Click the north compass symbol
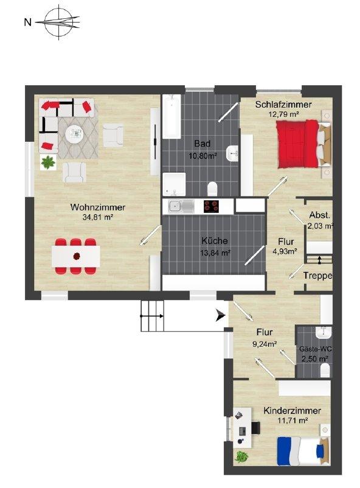pyautogui.click(x=58, y=22)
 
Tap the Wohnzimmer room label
pyautogui.click(x=98, y=207)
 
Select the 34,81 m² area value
pyautogui.click(x=98, y=217)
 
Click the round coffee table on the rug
pyautogui.click(x=75, y=134)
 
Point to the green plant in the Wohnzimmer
pyautogui.click(x=48, y=162)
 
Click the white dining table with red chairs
pyautogui.click(x=76, y=256)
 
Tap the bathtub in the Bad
pyautogui.click(x=171, y=116)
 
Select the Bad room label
pyautogui.click(x=202, y=144)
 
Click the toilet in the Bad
pyautogui.click(x=212, y=189)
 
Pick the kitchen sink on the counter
pyautogui.click(x=181, y=206)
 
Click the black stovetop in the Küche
pyautogui.click(x=211, y=206)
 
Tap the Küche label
pyautogui.click(x=215, y=241)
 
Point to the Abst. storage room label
pyautogui.click(x=319, y=215)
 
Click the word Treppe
pyautogui.click(x=317, y=276)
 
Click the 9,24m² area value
pyautogui.click(x=265, y=344)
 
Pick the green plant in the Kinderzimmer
pyautogui.click(x=242, y=456)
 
